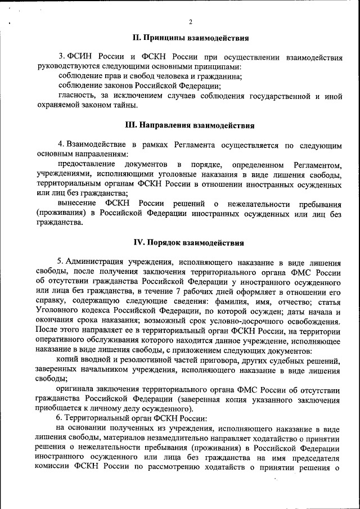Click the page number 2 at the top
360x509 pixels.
[x=191, y=22]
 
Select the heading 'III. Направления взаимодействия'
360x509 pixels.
[x=190, y=125]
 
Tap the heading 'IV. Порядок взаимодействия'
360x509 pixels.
[x=189, y=243]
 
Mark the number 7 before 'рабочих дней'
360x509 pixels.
[x=178, y=291]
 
